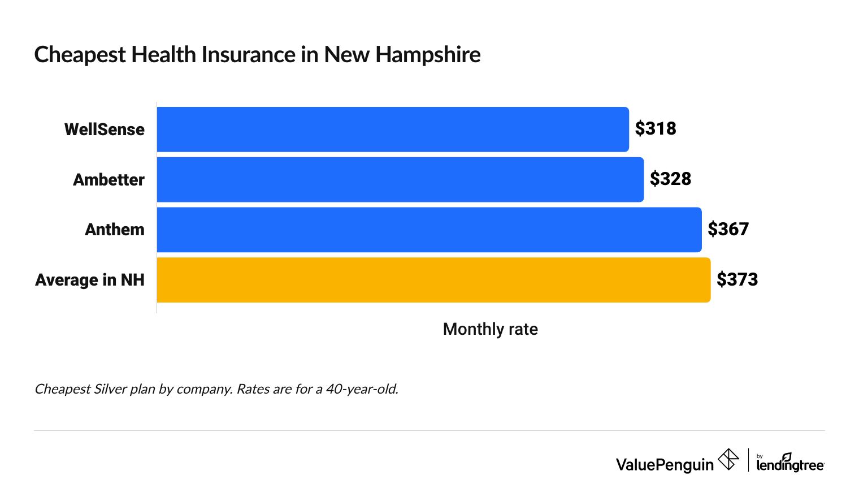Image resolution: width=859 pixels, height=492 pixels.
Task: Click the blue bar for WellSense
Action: (x=393, y=130)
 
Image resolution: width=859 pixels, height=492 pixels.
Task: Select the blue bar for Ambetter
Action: (x=400, y=179)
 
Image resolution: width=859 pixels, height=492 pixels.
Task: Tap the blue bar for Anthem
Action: (x=429, y=230)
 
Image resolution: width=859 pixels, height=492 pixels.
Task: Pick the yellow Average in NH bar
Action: (x=433, y=280)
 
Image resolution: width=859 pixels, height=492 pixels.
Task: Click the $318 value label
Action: (x=656, y=129)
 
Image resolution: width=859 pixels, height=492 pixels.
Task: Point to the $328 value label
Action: (x=670, y=179)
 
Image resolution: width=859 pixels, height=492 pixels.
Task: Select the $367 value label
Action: (x=728, y=230)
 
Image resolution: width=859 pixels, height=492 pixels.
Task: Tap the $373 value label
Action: (x=737, y=280)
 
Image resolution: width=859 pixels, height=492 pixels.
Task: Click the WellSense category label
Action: (x=105, y=130)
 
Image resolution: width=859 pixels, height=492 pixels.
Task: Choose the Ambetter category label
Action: (x=109, y=180)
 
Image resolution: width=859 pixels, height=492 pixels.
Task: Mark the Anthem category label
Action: (x=115, y=230)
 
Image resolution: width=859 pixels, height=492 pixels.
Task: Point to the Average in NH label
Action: (x=90, y=280)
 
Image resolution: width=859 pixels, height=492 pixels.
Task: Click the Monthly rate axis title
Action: (x=490, y=329)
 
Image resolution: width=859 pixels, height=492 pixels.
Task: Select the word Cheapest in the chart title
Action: (x=80, y=55)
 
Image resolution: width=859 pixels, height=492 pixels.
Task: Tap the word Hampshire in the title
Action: (x=428, y=55)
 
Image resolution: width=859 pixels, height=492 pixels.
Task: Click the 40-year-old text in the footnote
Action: (x=362, y=389)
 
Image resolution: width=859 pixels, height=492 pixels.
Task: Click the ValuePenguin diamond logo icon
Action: (x=728, y=459)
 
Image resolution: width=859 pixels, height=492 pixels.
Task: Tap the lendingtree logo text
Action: (x=790, y=465)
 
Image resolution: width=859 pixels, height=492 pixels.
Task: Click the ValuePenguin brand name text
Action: (x=665, y=465)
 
